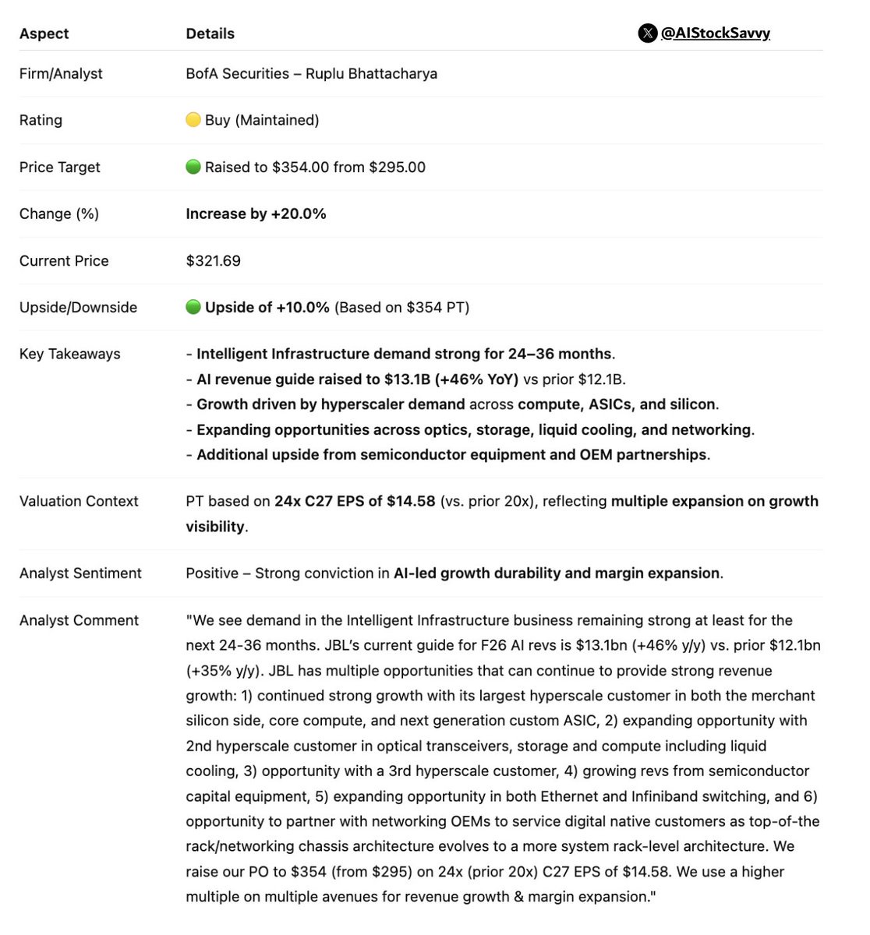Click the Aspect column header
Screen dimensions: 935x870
click(x=44, y=34)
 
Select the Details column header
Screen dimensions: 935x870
click(x=210, y=34)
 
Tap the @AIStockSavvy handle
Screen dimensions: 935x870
click(x=715, y=33)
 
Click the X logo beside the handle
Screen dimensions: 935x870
click(x=647, y=33)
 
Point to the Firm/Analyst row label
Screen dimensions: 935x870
click(x=61, y=73)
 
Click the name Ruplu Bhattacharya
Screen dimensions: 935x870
click(x=371, y=73)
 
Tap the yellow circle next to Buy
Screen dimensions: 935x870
click(x=193, y=120)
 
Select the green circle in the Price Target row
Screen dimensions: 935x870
click(x=193, y=167)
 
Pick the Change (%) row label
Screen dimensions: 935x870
click(x=59, y=213)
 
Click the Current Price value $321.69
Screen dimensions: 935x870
click(x=213, y=260)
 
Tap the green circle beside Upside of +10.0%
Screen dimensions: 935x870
click(x=193, y=307)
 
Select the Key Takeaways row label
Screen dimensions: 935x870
click(x=70, y=354)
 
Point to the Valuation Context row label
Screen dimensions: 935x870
click(x=79, y=501)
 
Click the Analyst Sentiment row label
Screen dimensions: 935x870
click(x=80, y=573)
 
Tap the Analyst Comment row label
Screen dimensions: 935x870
click(x=79, y=620)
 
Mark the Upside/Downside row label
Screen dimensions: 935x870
click(x=78, y=307)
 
